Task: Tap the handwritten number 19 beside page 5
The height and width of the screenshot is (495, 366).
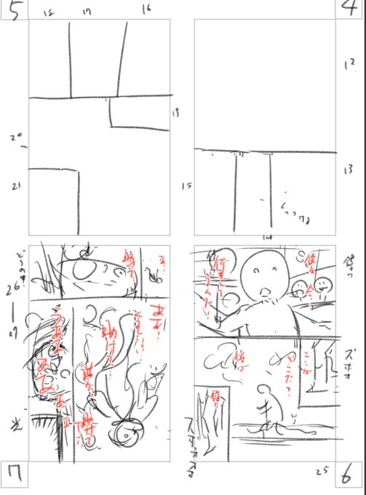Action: coord(175,112)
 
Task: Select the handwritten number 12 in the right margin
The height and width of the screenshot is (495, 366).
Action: coord(345,65)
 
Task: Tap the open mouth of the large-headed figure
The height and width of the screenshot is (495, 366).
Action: coord(266,295)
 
